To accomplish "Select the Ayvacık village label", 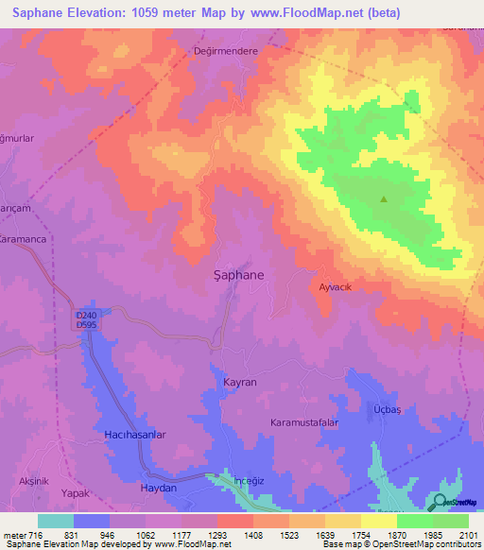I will pos(336,286).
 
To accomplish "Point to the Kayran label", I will pos(239,382).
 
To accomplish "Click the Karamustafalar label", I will pos(304,421).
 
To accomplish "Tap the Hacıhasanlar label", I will pos(134,435).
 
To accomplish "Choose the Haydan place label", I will pos(158,488).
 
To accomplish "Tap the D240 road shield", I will pos(86,315).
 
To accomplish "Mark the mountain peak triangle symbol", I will pos(384,199).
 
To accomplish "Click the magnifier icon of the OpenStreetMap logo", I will pos(441,502).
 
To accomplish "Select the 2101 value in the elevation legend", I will pos(468,535).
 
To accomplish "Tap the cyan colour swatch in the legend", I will pos(55,521).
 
